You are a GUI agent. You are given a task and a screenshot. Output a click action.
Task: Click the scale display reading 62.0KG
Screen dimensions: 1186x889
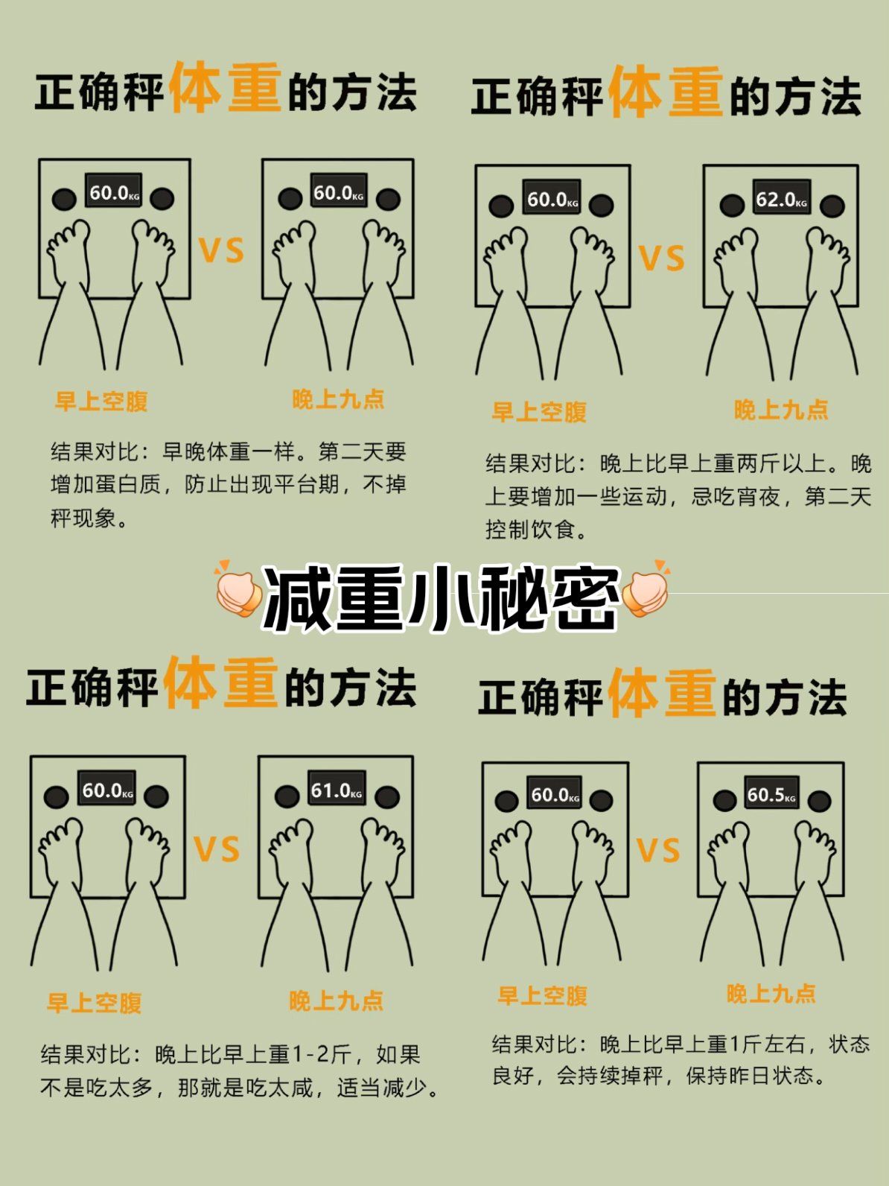click(x=781, y=200)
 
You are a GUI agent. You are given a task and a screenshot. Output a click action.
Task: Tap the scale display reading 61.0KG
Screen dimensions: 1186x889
click(x=336, y=790)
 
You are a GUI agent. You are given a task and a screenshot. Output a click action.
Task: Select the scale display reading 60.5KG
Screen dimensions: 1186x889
click(x=771, y=795)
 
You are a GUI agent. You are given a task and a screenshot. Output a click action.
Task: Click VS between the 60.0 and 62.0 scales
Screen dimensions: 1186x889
click(x=662, y=258)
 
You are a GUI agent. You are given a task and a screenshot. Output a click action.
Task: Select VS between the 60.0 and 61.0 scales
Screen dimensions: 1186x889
click(x=217, y=849)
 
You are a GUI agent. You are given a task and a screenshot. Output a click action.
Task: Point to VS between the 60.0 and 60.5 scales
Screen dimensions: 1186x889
click(x=658, y=850)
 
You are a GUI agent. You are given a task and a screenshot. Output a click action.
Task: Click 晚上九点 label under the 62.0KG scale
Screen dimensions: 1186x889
click(x=781, y=410)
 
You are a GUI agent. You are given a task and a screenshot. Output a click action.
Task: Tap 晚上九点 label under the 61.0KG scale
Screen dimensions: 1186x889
click(x=336, y=1001)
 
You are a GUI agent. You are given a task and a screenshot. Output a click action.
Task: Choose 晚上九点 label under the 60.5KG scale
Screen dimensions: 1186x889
click(x=771, y=994)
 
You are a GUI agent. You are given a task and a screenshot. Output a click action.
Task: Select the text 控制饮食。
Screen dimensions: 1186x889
click(x=536, y=530)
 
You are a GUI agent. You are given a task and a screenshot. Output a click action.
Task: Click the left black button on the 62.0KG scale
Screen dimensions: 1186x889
click(x=732, y=205)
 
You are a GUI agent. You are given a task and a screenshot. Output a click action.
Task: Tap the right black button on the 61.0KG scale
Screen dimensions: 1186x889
click(x=386, y=797)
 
